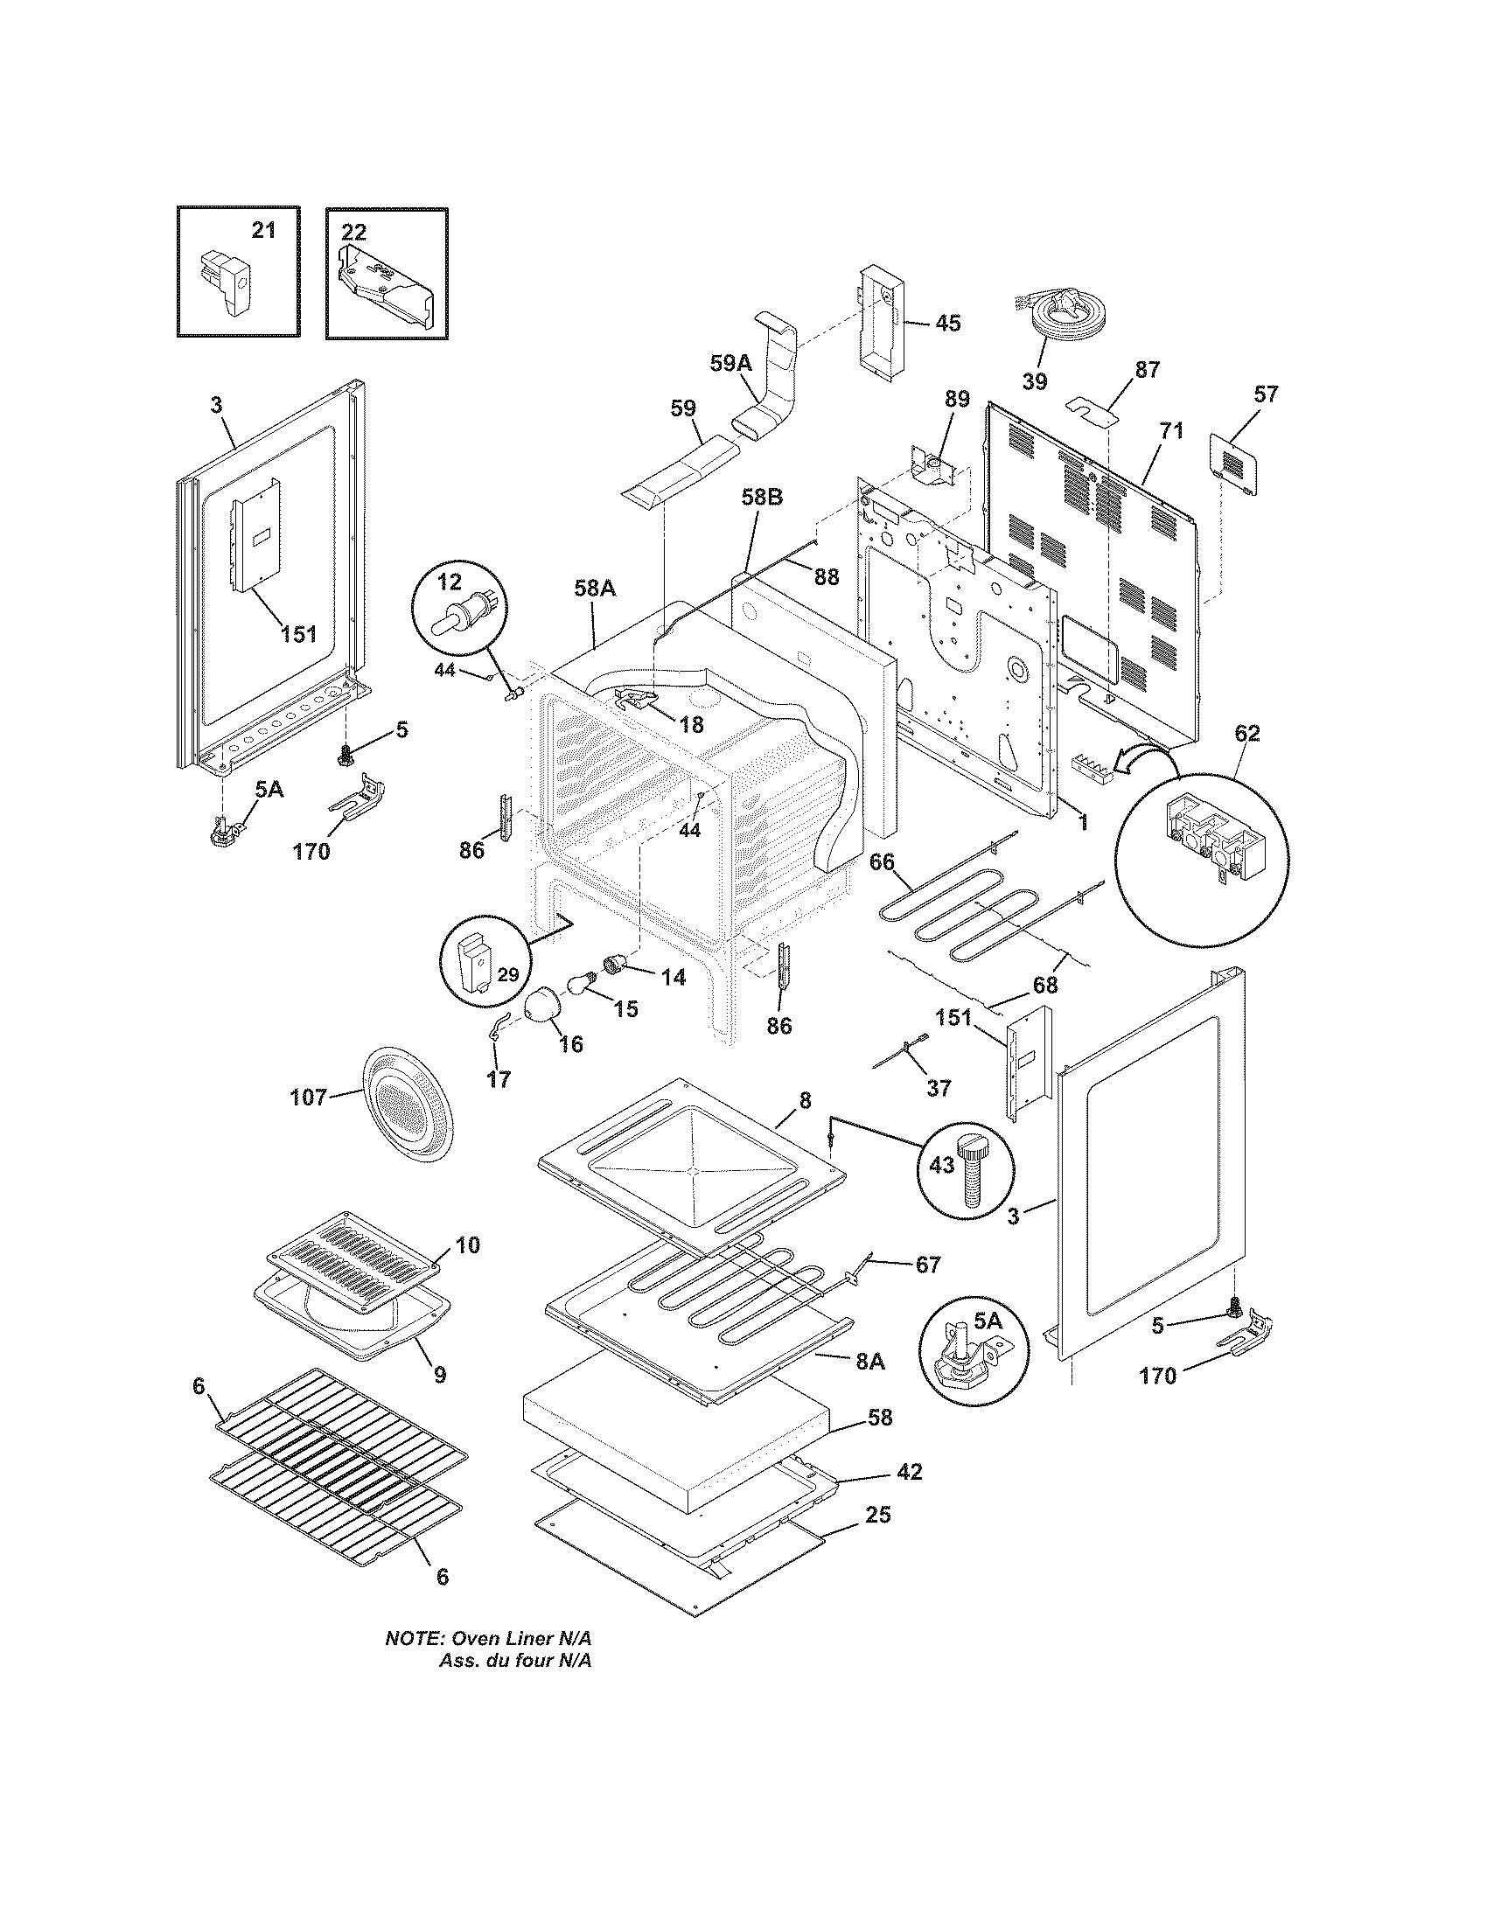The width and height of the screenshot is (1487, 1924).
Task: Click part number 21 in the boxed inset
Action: [x=263, y=231]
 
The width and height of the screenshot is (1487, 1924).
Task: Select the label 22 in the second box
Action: [x=353, y=232]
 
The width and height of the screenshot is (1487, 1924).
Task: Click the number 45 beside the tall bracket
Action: [x=947, y=324]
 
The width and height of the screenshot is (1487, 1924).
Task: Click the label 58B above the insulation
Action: [x=761, y=497]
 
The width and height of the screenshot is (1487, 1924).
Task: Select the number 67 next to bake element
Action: [x=927, y=1265]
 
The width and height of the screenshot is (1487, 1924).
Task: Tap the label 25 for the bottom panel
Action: [x=877, y=1516]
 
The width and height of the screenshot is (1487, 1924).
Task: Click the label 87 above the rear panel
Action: [x=1147, y=369]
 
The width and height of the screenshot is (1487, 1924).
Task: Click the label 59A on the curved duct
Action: [x=731, y=363]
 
